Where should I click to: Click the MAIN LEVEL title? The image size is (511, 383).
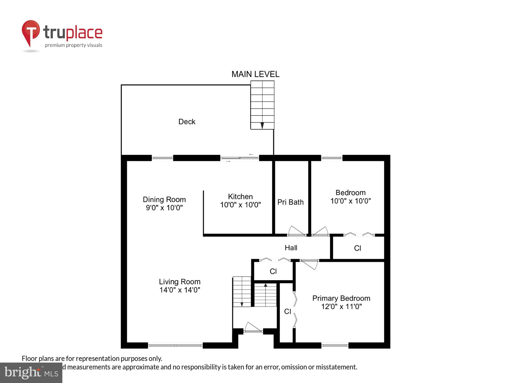click(255, 74)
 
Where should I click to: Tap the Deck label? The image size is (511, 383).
click(187, 122)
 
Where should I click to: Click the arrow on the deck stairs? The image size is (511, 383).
click(262, 125)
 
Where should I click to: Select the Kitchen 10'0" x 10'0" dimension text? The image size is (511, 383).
click(240, 205)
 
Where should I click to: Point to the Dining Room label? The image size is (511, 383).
click(164, 199)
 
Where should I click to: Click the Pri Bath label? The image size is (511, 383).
click(291, 202)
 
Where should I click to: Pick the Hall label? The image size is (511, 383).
click(291, 248)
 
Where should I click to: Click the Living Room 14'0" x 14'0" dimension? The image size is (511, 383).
click(180, 290)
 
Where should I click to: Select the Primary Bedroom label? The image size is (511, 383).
click(341, 298)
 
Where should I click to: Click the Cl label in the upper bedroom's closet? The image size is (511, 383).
click(357, 248)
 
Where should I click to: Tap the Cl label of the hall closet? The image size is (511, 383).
click(273, 271)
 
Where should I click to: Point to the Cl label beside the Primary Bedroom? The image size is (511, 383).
click(287, 312)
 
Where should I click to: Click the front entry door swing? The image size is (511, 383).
click(253, 327)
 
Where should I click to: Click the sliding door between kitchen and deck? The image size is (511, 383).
click(240, 158)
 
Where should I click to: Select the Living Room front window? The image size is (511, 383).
click(175, 345)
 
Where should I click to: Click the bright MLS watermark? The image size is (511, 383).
click(31, 373)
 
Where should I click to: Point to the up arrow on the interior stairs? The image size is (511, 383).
click(265, 285)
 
